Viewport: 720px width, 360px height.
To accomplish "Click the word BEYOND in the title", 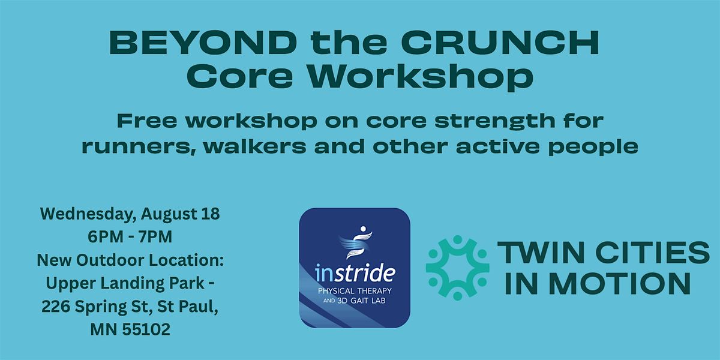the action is [x=203, y=43].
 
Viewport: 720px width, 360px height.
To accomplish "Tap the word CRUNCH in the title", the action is [x=500, y=43].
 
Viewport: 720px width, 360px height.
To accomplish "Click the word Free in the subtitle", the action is [x=146, y=121].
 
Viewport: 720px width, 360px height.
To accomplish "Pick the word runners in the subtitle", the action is [x=139, y=147].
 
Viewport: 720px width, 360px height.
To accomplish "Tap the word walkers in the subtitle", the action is [x=255, y=146].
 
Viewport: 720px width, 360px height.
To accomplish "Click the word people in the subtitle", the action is [x=593, y=148].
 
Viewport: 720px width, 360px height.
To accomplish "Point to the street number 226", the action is [x=56, y=307].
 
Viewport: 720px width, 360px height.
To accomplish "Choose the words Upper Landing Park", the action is [x=125, y=283].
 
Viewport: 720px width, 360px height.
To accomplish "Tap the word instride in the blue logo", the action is [x=355, y=273].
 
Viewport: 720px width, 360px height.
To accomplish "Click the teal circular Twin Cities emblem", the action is [x=457, y=268].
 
